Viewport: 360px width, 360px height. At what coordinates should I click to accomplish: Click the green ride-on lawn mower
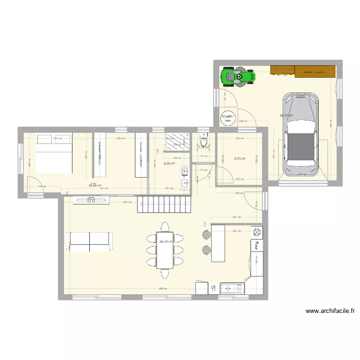click(x=238, y=77)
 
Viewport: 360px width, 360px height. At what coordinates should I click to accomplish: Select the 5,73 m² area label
click(x=240, y=159)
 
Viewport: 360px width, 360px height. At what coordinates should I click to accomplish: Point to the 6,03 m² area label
click(x=169, y=163)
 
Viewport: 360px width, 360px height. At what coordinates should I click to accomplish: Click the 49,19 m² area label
click(x=166, y=242)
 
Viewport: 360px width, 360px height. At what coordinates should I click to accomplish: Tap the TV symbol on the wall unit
click(x=91, y=201)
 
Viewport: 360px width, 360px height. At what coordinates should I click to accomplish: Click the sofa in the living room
click(x=90, y=240)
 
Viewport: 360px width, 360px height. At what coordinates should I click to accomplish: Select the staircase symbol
click(x=165, y=205)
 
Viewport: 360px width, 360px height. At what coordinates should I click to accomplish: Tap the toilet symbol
click(x=204, y=141)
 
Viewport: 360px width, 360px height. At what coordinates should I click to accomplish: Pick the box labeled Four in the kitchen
click(x=257, y=245)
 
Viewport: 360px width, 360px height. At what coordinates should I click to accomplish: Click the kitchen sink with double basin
click(x=232, y=288)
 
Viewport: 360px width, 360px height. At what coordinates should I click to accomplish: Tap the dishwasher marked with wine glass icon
click(x=213, y=288)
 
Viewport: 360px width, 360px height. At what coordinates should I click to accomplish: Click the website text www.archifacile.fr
click(x=330, y=311)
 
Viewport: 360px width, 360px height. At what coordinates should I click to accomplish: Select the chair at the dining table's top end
click(x=165, y=226)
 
